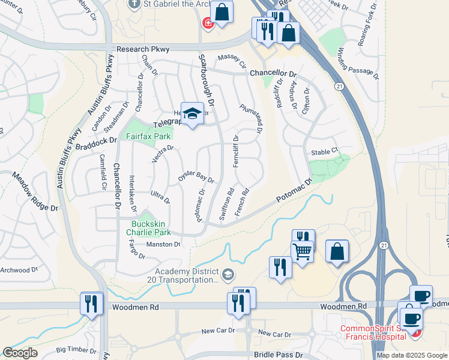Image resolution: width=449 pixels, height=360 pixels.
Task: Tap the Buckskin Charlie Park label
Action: (x=151, y=229)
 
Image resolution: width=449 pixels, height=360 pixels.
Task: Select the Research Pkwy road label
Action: (x=143, y=49)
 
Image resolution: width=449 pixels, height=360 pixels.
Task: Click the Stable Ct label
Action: (x=325, y=152)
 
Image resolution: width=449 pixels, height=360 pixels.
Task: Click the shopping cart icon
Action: (x=302, y=251)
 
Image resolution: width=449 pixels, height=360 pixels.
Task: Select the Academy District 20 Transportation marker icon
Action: (x=228, y=275)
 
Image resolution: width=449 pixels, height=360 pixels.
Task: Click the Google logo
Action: (x=20, y=353)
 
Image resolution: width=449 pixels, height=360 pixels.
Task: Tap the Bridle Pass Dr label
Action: (x=278, y=355)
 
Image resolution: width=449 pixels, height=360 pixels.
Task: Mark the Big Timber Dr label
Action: (x=76, y=348)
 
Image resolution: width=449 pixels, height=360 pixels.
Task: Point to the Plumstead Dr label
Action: (x=252, y=118)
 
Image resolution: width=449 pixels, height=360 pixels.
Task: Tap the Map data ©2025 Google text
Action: (x=412, y=355)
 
